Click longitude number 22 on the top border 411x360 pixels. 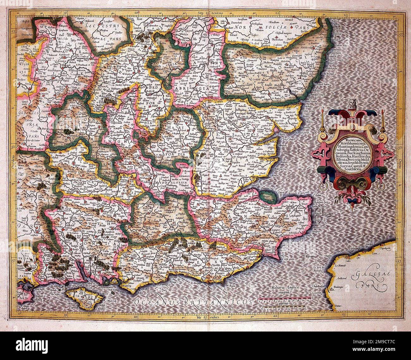point(277,13)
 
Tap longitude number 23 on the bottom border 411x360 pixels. point(344,315)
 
